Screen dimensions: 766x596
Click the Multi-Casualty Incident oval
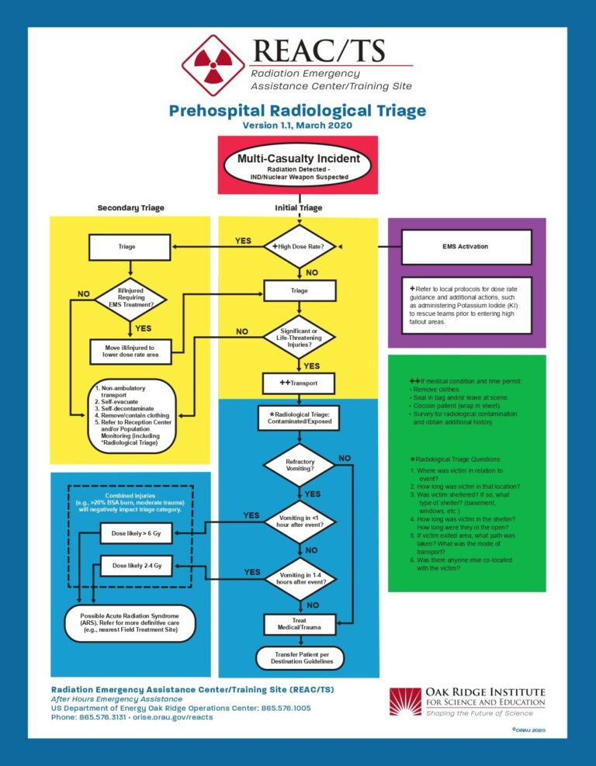299,165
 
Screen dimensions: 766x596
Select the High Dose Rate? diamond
299,246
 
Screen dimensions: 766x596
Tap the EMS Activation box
466,246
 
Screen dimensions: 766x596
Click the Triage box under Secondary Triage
126,247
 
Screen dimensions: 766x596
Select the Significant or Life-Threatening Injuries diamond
299,338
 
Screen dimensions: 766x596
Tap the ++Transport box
299,383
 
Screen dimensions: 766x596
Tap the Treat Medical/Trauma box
299,623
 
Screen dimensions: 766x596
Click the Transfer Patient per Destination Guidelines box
299,657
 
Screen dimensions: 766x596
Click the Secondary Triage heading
131,208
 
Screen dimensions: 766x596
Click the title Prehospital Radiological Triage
297,111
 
